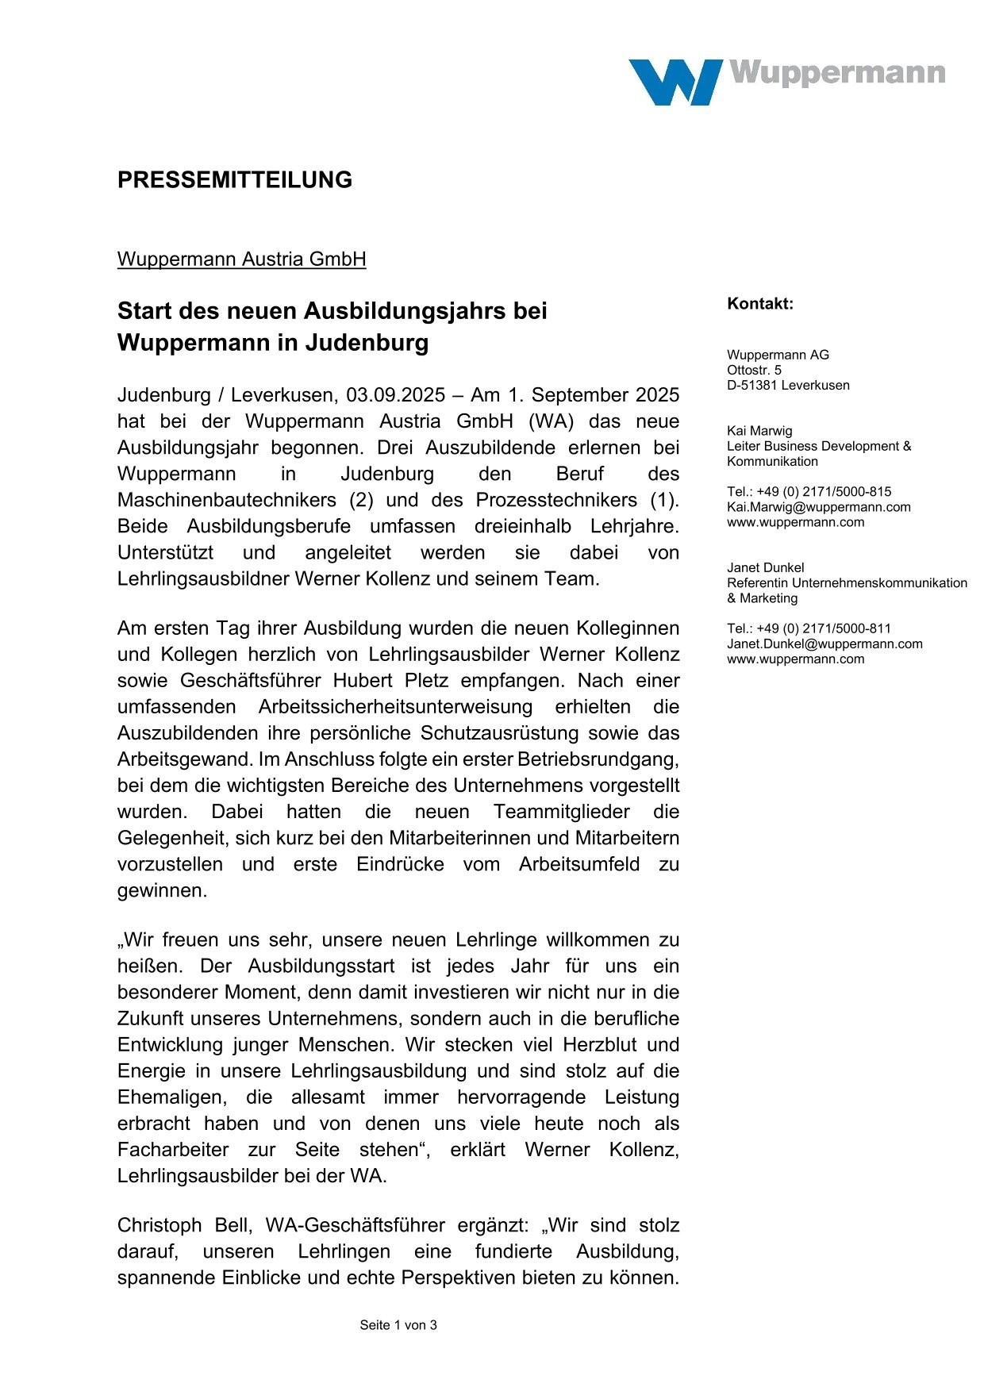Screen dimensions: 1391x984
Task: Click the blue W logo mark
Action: (x=675, y=82)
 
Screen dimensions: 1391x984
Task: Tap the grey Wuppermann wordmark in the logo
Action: (x=837, y=72)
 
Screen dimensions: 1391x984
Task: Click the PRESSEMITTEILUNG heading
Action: (x=235, y=180)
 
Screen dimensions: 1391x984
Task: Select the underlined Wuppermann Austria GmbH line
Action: (x=241, y=259)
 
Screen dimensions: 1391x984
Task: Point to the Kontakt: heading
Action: (x=759, y=304)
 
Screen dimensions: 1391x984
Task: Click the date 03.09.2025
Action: (x=395, y=395)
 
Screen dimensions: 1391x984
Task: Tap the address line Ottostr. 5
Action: (x=754, y=371)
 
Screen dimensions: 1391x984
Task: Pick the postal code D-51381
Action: (x=751, y=386)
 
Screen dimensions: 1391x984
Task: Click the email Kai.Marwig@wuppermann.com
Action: (x=818, y=507)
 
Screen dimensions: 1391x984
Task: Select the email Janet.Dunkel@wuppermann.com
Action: (x=824, y=644)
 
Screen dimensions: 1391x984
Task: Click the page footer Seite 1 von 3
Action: (x=398, y=1325)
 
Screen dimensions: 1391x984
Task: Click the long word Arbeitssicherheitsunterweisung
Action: (x=395, y=707)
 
